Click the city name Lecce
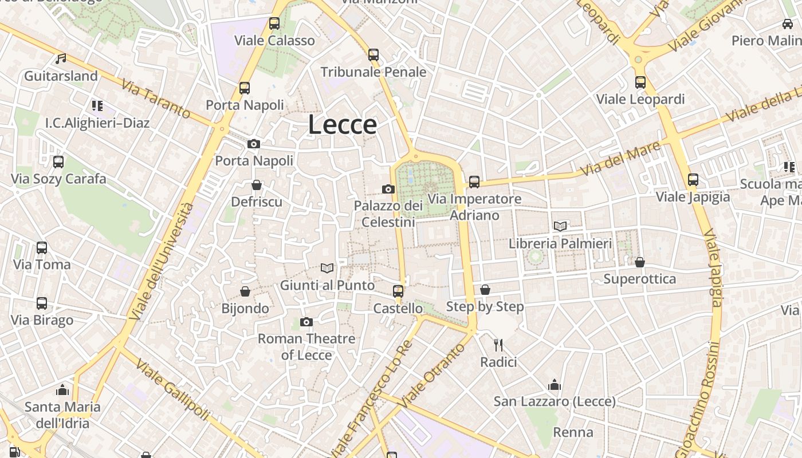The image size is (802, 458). coord(343,125)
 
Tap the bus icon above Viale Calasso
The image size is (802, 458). coord(274,23)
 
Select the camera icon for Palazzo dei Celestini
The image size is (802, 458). coord(388,189)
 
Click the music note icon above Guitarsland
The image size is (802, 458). coord(61,58)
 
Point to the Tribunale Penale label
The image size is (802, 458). coord(373,72)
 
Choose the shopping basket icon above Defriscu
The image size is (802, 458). coord(257,185)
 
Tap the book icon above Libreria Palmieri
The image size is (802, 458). coord(560,226)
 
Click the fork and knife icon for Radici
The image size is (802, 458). coord(498,345)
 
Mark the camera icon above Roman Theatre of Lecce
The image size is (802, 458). coord(306,322)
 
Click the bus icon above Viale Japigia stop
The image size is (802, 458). coord(693,180)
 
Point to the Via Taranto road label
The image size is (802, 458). coord(155,99)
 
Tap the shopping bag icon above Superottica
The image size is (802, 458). coord(640,262)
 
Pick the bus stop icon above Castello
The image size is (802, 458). coord(398,291)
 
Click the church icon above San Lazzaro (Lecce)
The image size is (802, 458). coord(555,384)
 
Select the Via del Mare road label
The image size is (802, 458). coord(620,159)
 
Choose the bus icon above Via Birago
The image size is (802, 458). coord(42,303)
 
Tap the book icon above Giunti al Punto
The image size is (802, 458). coord(327,268)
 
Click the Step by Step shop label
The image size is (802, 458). coord(485,307)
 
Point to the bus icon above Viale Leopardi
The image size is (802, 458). coord(640,82)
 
